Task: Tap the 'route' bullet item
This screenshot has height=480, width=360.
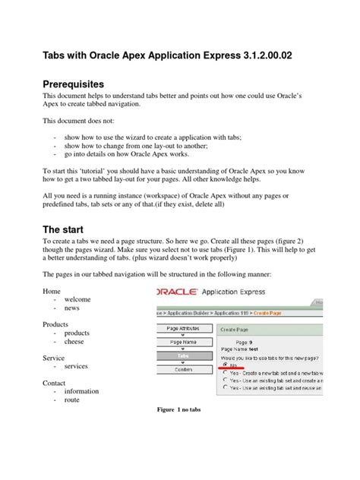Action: (x=73, y=400)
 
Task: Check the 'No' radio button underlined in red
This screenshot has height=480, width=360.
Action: (x=225, y=364)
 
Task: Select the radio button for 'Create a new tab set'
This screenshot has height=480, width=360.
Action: (x=225, y=373)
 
